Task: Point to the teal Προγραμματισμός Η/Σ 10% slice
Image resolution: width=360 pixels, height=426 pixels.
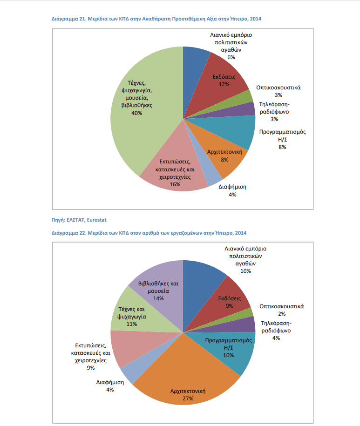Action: (x=231, y=351)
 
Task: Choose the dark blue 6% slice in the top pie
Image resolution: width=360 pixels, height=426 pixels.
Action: (x=194, y=71)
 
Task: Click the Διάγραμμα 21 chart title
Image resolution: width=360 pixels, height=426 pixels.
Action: (x=156, y=19)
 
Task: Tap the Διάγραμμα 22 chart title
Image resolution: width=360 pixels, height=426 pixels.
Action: (x=149, y=233)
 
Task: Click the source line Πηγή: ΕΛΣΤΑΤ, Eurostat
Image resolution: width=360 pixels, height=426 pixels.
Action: (x=79, y=220)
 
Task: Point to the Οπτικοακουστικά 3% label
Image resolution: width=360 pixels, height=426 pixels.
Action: (x=278, y=91)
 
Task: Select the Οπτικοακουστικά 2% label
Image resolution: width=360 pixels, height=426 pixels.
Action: (x=281, y=310)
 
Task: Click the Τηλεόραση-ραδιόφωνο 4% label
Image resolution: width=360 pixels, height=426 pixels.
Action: (x=276, y=331)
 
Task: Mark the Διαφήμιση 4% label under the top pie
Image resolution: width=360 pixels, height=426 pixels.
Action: (x=232, y=190)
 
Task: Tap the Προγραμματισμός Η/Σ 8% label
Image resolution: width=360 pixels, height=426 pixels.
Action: (x=282, y=139)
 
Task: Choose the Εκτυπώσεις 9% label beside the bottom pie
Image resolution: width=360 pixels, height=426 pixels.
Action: (x=90, y=357)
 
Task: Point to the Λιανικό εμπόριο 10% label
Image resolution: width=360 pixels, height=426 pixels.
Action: (x=245, y=260)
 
